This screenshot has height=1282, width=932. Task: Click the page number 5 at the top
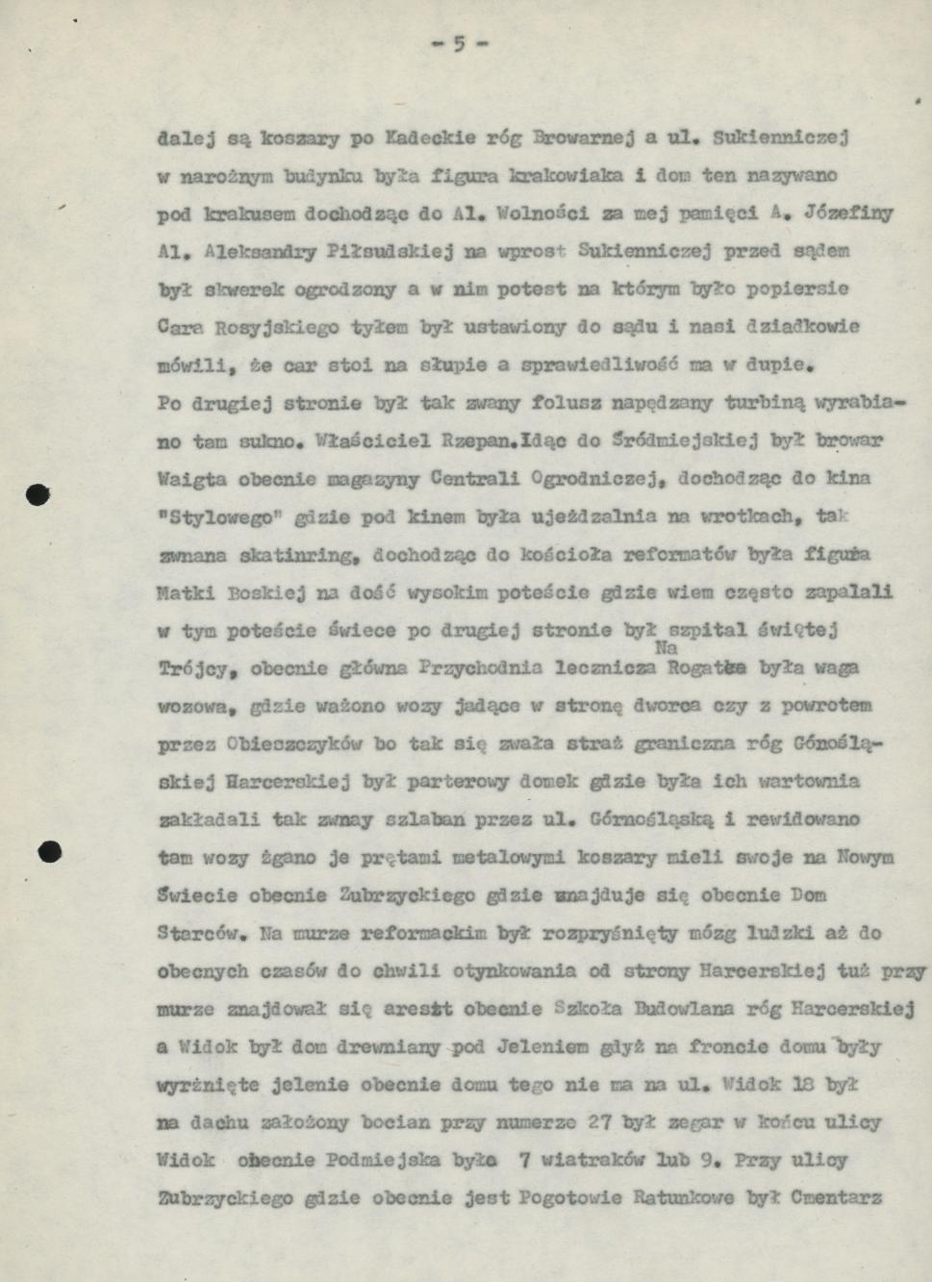pyautogui.click(x=460, y=43)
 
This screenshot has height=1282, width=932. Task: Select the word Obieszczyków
pyautogui.click(x=292, y=743)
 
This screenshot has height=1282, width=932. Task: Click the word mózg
pyautogui.click(x=719, y=933)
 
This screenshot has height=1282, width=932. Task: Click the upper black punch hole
pyautogui.click(x=38, y=495)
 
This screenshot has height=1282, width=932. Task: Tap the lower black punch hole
pyautogui.click(x=50, y=850)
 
